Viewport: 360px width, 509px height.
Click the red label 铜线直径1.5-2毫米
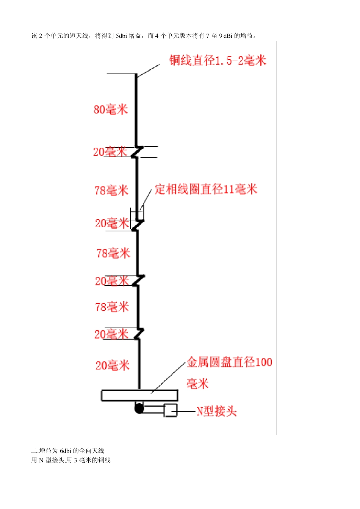[218, 60]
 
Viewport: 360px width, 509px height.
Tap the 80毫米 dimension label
[111, 109]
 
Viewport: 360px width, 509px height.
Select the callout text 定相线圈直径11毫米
[206, 189]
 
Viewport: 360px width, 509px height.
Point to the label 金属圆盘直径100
[229, 362]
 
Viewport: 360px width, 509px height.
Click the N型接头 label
[216, 411]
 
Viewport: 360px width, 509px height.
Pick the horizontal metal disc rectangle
[139, 395]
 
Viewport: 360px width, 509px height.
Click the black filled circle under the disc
[139, 408]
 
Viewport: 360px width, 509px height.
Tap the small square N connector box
[171, 410]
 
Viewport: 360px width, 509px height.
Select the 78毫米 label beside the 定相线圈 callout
[111, 190]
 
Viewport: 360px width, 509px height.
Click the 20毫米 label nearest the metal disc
[112, 365]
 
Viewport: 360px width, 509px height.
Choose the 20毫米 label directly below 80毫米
[110, 152]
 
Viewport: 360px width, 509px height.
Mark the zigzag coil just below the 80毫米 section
[137, 152]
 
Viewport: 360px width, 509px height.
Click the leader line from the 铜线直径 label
[148, 71]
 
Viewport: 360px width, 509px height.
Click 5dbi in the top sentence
[121, 36]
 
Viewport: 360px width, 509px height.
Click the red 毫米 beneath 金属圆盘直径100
[197, 384]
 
